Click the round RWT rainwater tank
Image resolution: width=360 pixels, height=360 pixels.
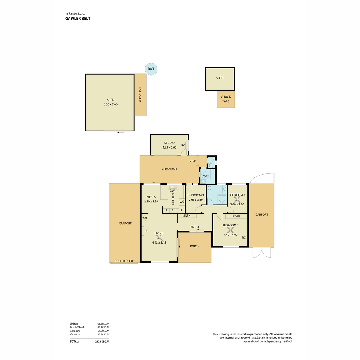[151, 69]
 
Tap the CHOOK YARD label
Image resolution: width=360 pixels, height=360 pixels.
[226, 99]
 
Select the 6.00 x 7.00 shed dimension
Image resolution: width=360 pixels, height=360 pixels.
[111, 104]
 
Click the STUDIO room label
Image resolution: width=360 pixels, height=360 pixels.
[169, 143]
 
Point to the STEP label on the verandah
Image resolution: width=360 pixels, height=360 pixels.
[193, 161]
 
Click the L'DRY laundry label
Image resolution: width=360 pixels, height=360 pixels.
[205, 176]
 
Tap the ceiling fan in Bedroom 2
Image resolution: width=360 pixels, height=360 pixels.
[237, 200]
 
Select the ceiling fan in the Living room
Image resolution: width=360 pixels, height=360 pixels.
[159, 238]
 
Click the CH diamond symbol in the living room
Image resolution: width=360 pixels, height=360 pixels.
[145, 218]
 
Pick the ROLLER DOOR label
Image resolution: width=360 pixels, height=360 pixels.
[124, 261]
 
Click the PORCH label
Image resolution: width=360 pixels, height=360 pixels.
[195, 246]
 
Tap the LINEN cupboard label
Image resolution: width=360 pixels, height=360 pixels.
[187, 216]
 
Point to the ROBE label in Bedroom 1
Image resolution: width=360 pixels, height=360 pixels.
[236, 216]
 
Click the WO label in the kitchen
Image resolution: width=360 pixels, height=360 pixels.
[182, 202]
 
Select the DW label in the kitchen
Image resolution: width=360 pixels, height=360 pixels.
[172, 191]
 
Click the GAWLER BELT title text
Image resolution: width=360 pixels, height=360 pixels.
[78, 19]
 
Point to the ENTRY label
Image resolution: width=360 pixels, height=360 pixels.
[195, 227]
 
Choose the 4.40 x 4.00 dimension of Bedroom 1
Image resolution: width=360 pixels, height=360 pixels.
[230, 235]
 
